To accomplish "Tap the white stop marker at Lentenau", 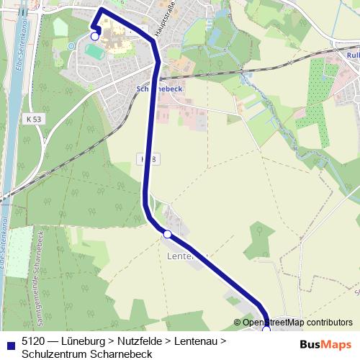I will pyautogui.click(x=167, y=234).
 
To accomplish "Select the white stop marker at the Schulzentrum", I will pyautogui.click(x=94, y=36).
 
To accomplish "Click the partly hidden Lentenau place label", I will pyautogui.click(x=186, y=256).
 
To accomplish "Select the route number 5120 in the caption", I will pyautogui.click(x=35, y=341).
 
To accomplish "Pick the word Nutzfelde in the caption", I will pyautogui.click(x=138, y=341).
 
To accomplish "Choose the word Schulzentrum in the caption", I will pyautogui.click(x=52, y=354).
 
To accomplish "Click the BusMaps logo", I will pyautogui.click(x=325, y=344).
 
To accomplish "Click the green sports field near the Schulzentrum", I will pyautogui.click(x=93, y=51).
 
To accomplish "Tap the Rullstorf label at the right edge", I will pyautogui.click(x=353, y=55).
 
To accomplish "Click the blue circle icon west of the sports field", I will pyautogui.click(x=71, y=46).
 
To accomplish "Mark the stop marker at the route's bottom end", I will pyautogui.click(x=266, y=328).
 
